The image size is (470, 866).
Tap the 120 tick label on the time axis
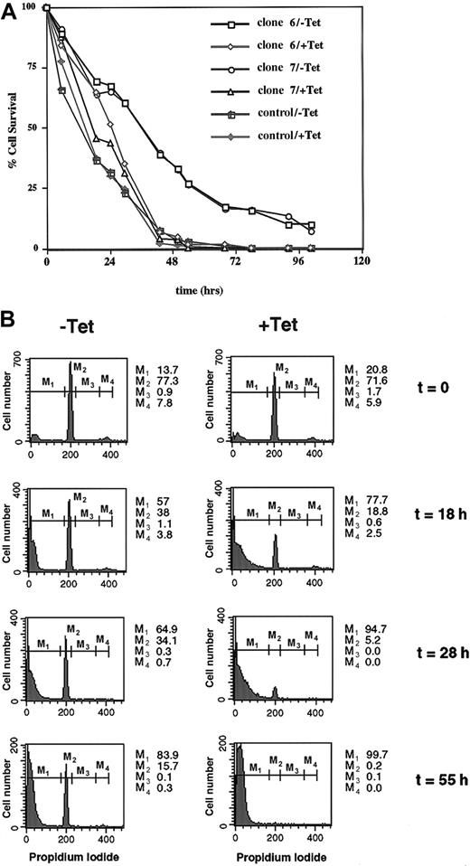(x=362, y=261)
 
